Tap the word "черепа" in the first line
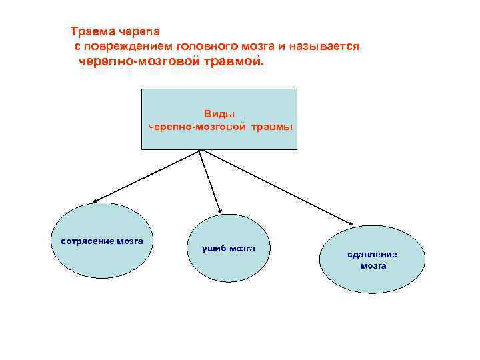(139, 31)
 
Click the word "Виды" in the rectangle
(219, 115)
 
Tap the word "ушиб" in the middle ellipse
(215, 249)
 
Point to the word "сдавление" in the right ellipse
(372, 254)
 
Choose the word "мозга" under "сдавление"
(373, 265)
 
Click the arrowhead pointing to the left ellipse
(95, 201)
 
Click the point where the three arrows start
(200, 149)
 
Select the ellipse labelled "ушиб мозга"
(227, 248)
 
